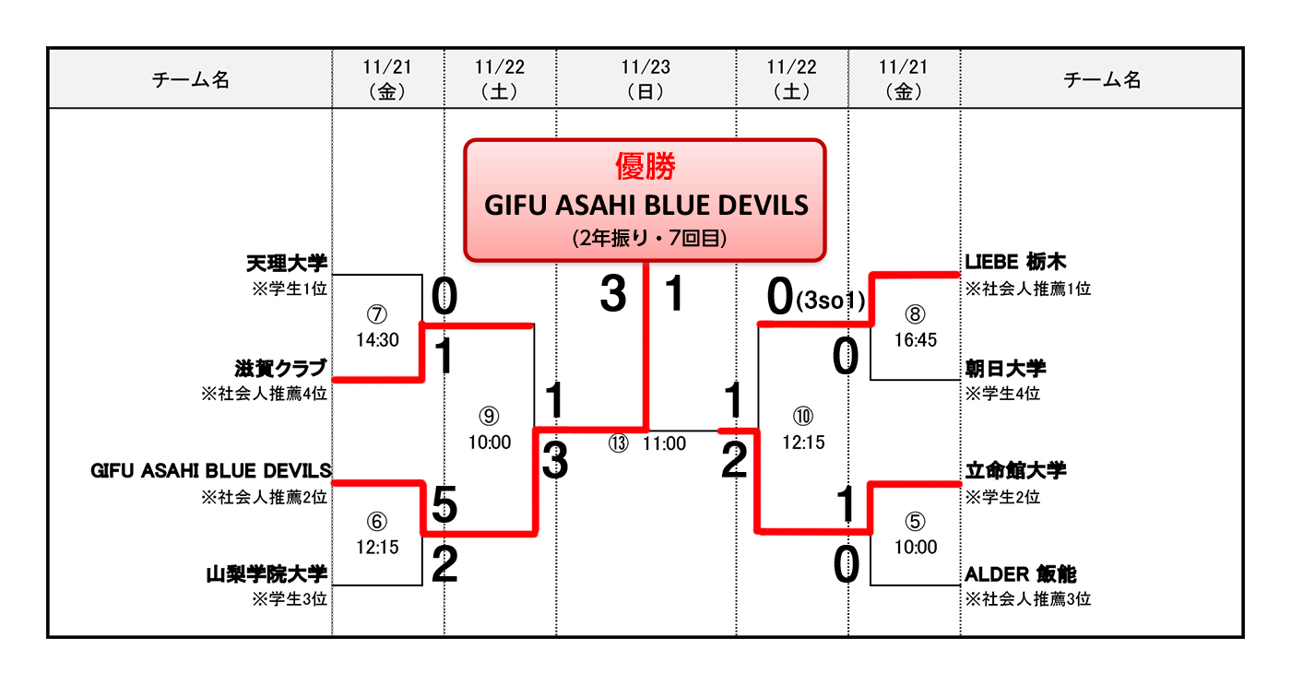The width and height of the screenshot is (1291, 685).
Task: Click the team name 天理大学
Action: click(287, 264)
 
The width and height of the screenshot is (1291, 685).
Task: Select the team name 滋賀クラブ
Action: click(281, 369)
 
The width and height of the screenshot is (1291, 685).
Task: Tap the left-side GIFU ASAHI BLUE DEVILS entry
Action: click(211, 472)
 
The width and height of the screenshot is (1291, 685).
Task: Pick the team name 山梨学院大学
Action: click(267, 575)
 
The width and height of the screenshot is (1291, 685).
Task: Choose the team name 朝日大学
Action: click(1005, 369)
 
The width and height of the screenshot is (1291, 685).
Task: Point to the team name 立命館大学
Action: click(1015, 471)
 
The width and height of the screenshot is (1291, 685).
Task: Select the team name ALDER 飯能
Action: click(1020, 574)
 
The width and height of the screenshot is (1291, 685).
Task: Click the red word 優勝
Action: click(645, 166)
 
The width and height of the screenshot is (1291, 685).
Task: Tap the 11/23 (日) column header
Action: click(645, 78)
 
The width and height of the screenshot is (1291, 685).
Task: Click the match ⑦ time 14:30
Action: click(377, 340)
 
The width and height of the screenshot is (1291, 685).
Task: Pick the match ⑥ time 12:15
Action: click(377, 547)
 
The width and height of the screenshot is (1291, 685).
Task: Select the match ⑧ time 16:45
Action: click(915, 340)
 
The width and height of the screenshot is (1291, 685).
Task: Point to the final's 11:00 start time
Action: click(664, 444)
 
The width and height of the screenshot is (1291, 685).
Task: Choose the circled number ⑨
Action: click(489, 416)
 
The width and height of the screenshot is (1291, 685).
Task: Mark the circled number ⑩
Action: click(803, 416)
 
